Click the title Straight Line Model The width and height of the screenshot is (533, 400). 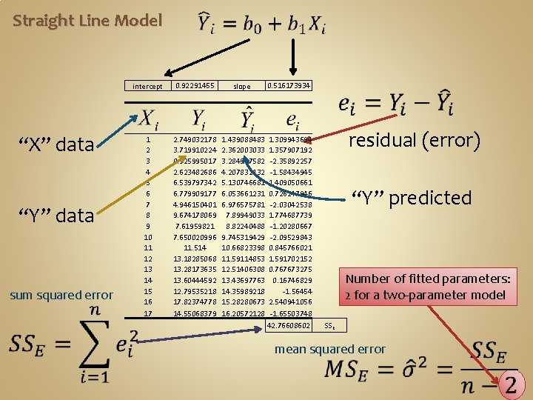pyautogui.click(x=87, y=21)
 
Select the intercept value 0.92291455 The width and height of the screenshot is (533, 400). pyautogui.click(x=195, y=86)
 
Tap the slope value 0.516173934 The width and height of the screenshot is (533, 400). pyautogui.click(x=289, y=86)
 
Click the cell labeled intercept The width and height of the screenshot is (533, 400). pyautogui.click(x=147, y=87)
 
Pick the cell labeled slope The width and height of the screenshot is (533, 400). pyautogui.click(x=241, y=87)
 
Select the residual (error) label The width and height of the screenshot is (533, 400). pyautogui.click(x=415, y=140)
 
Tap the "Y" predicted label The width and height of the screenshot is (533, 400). pyautogui.click(x=411, y=198)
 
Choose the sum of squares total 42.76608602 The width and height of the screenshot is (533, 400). pyautogui.click(x=289, y=325)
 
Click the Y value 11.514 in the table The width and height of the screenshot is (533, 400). pyautogui.click(x=195, y=247)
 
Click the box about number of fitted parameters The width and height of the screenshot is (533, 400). pyautogui.click(x=428, y=287)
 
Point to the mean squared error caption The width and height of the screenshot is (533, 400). pyautogui.click(x=330, y=349)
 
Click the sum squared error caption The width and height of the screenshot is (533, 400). pyautogui.click(x=61, y=295)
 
